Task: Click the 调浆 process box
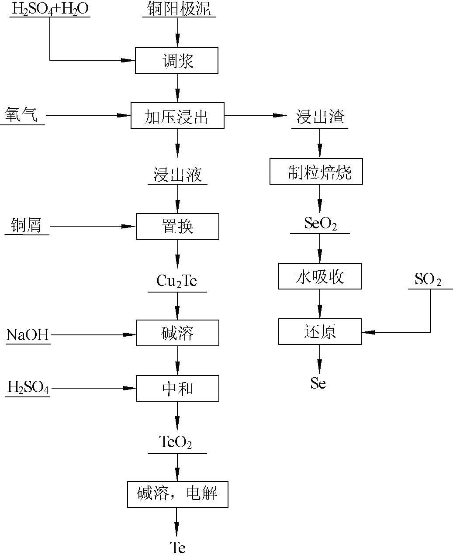click(x=176, y=61)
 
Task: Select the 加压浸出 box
click(x=177, y=116)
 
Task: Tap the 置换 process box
click(x=177, y=226)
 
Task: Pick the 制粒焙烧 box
click(x=316, y=171)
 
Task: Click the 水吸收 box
click(x=320, y=276)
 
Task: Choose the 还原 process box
click(x=320, y=332)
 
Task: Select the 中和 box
click(x=177, y=388)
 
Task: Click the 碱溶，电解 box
click(x=177, y=494)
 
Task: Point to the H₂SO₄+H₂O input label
click(x=49, y=9)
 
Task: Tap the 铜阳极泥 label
click(x=179, y=9)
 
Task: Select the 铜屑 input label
click(x=27, y=226)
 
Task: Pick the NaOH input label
click(x=28, y=335)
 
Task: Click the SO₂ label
click(x=428, y=279)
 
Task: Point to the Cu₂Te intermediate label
click(x=176, y=281)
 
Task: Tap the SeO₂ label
click(x=320, y=224)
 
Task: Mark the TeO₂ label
click(x=176, y=442)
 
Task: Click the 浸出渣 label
click(x=320, y=117)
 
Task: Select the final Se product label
click(x=318, y=383)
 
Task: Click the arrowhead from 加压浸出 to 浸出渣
click(x=280, y=116)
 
